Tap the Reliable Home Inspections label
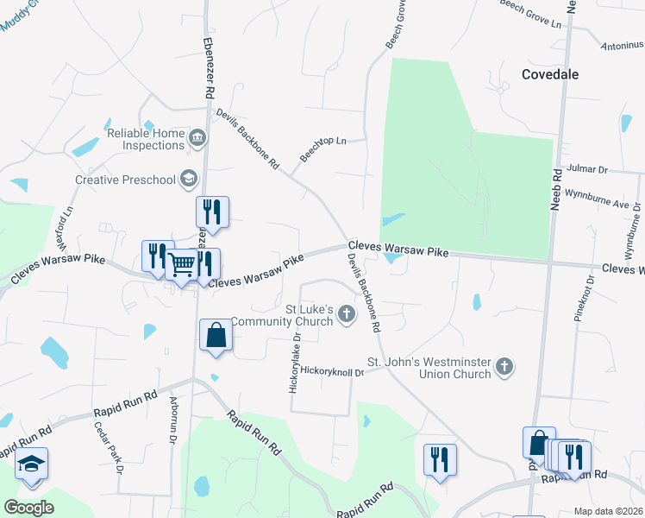tap(146, 140)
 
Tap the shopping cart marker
tap(182, 265)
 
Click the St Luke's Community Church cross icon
tap(347, 313)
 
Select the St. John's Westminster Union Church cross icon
tap(504, 368)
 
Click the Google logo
tap(28, 508)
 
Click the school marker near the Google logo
tap(31, 464)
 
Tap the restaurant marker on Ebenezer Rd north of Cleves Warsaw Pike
tap(211, 212)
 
